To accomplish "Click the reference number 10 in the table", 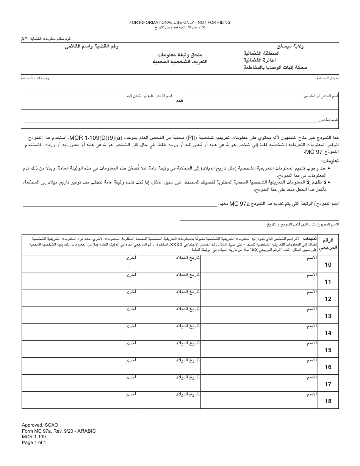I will [x=328, y=265].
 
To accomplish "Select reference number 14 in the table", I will [x=328, y=333].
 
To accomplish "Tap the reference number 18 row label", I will [x=328, y=401].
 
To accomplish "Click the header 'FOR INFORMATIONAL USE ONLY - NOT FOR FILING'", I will [x=180, y=23].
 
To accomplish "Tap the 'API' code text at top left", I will [x=25, y=39].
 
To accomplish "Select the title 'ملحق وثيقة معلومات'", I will [x=180, y=55].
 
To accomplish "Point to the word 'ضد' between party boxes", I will [x=180, y=101].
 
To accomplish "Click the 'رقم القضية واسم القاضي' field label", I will [x=91, y=47].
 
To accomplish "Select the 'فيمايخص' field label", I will [x=329, y=120].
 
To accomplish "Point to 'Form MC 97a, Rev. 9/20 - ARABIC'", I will [x=59, y=431].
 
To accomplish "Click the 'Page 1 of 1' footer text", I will [x=34, y=442].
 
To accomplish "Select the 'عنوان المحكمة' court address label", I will [x=327, y=78].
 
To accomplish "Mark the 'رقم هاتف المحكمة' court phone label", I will [x=35, y=78].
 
